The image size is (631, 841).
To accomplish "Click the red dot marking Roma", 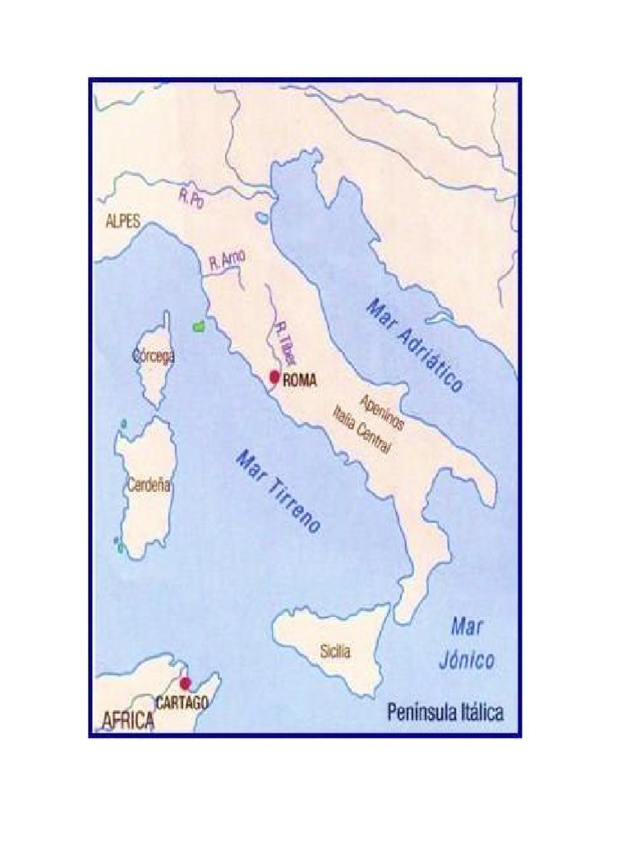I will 274,377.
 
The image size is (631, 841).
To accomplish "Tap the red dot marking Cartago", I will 185,682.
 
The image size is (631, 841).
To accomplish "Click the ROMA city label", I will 299,381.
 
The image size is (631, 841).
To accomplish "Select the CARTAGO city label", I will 182,702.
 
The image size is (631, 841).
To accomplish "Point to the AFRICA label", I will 127,721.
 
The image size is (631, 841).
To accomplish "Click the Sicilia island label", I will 335,652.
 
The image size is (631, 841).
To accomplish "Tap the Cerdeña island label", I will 149,485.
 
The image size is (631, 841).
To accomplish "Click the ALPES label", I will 124,221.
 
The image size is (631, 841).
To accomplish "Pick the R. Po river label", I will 191,197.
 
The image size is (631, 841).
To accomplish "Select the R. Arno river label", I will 227,261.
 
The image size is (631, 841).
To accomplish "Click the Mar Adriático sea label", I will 415,344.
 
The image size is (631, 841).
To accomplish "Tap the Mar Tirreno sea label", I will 278,492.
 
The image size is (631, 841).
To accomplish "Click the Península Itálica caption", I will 445,712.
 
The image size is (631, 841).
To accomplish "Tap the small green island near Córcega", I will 198,326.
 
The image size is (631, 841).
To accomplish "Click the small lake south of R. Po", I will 261,218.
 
